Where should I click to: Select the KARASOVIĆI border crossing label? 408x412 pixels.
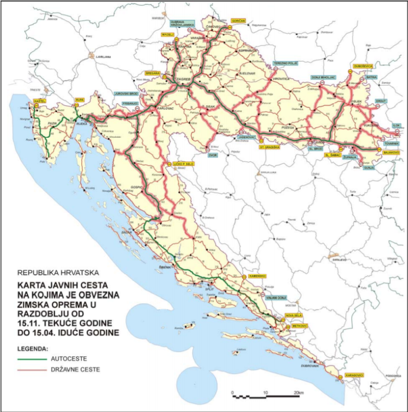point(354,375)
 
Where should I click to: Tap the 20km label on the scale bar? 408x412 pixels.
point(299,393)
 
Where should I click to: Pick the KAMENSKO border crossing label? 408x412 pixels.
point(256,276)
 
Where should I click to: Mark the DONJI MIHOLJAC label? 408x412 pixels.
point(324,77)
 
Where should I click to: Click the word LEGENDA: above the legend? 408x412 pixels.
point(33,349)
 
